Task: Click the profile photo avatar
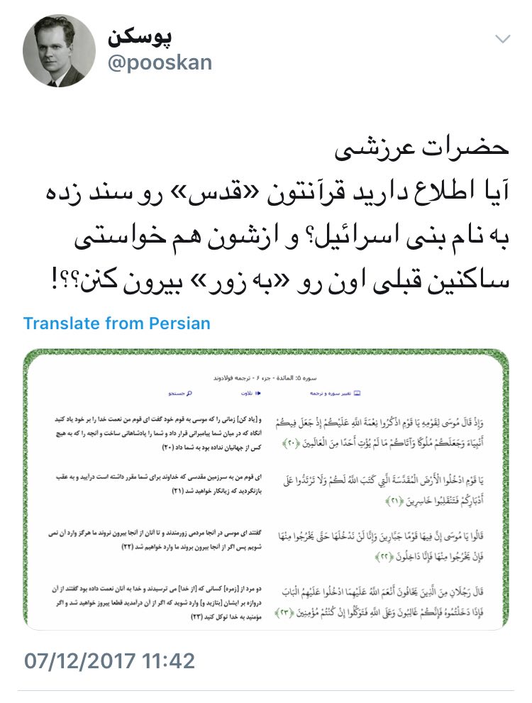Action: tap(59, 51)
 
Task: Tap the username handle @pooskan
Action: tap(160, 62)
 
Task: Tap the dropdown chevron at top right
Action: tap(502, 39)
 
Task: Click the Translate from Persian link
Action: tap(117, 323)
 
